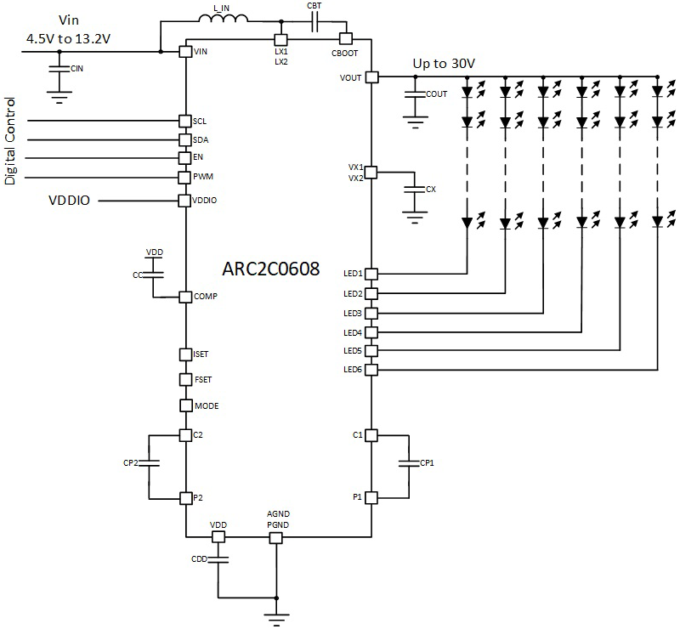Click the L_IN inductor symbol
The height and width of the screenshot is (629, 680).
[223, 22]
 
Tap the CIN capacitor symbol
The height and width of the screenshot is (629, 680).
[58, 69]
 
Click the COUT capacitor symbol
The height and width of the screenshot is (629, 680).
[414, 93]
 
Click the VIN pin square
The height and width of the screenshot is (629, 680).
[185, 52]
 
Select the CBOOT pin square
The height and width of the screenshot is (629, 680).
[345, 38]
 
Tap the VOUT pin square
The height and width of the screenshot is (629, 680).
[371, 77]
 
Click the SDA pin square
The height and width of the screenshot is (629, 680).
[185, 139]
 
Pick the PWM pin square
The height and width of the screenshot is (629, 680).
[185, 177]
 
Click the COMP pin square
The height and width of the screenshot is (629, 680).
[185, 297]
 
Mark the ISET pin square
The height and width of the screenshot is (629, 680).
[185, 354]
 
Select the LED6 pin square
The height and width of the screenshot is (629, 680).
[371, 369]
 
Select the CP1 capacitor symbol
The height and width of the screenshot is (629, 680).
[408, 464]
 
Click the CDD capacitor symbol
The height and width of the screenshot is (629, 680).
[218, 559]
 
